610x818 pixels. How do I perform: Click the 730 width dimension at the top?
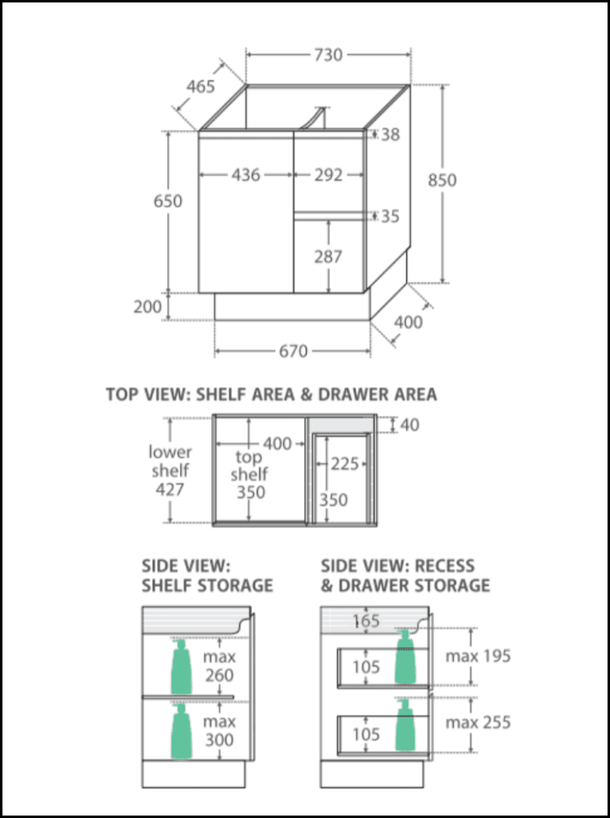(x=327, y=55)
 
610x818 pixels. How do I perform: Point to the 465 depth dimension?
(x=200, y=87)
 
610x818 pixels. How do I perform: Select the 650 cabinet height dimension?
(x=168, y=200)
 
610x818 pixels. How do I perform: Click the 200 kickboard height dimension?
(x=147, y=307)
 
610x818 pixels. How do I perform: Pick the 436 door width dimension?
(x=245, y=174)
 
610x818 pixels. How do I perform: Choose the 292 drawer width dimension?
(x=329, y=174)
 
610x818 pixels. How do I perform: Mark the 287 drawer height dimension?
(x=329, y=256)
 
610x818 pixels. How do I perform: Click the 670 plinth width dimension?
(x=293, y=351)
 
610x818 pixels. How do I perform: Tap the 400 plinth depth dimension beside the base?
(x=408, y=322)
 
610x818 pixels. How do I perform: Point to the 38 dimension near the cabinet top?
(x=391, y=134)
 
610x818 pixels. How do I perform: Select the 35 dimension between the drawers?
(x=391, y=216)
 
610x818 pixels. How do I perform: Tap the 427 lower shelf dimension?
(x=169, y=489)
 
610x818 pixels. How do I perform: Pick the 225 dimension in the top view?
(x=346, y=464)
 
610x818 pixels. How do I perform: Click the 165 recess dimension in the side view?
(x=366, y=621)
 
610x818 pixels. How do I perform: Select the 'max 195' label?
(x=478, y=656)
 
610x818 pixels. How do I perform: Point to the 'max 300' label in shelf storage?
(x=219, y=730)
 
